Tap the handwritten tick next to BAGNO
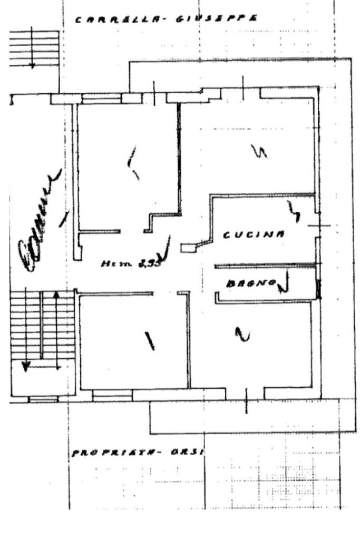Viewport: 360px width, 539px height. [285, 283]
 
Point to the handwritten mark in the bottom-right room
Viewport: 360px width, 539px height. [242, 334]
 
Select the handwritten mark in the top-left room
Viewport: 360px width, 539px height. [133, 162]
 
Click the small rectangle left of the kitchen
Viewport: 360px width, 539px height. [187, 247]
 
